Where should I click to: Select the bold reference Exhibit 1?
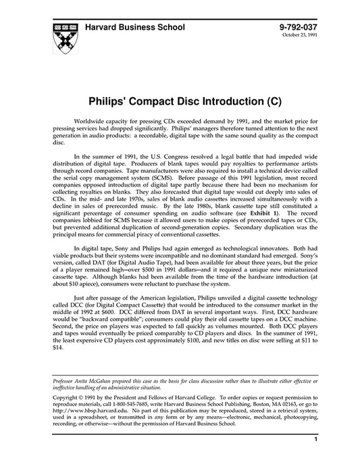(253, 193)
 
